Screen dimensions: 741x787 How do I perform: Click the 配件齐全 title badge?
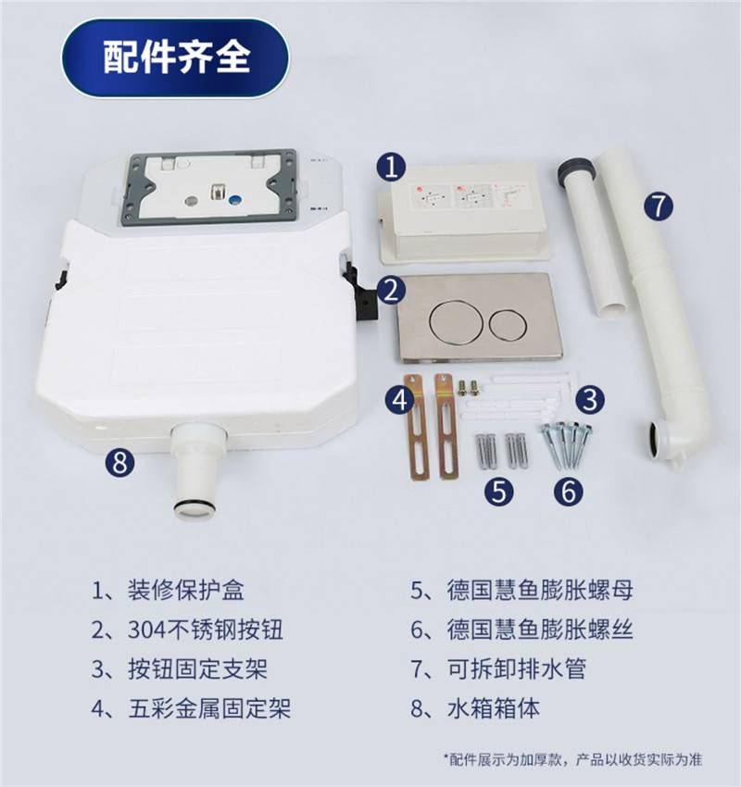click(176, 57)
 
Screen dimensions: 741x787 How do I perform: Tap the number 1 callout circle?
click(392, 167)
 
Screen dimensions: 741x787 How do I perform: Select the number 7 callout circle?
click(659, 206)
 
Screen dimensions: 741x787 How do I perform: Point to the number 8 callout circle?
click(120, 462)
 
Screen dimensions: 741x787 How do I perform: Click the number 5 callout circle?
click(499, 491)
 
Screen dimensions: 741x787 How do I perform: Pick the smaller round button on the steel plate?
click(509, 323)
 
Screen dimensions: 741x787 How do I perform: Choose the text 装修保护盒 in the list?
click(186, 591)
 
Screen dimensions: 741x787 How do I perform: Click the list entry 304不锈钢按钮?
click(206, 630)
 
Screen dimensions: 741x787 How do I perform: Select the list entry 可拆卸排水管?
click(517, 668)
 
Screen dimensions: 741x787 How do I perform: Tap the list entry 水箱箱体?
click(494, 708)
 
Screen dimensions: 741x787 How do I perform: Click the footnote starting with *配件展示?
click(572, 759)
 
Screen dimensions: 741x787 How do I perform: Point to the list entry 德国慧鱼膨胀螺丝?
click(540, 630)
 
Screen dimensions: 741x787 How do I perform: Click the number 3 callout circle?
click(590, 400)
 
